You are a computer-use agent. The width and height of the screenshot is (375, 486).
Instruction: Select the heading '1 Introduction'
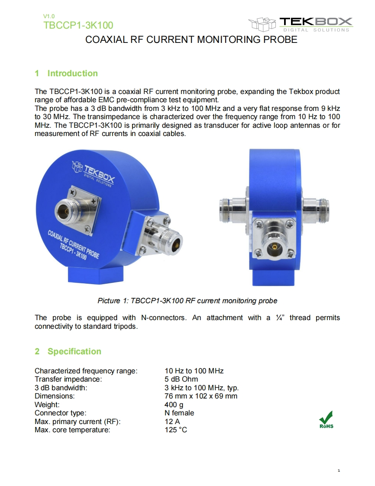(x=66, y=73)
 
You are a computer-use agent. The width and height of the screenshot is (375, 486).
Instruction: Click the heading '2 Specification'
(x=68, y=351)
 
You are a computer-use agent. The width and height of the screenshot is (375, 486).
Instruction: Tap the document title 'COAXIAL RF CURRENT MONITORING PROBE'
(x=191, y=40)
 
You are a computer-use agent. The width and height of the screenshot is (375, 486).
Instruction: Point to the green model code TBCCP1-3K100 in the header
(x=78, y=25)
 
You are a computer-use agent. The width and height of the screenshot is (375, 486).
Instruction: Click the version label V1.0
(x=49, y=16)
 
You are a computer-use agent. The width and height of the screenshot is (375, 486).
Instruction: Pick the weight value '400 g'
(x=174, y=405)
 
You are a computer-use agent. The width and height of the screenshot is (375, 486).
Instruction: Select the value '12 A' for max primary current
(x=172, y=421)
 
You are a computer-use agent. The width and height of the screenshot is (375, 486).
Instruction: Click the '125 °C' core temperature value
(x=176, y=430)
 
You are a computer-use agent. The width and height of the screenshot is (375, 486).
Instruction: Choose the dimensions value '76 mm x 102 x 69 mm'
(x=201, y=396)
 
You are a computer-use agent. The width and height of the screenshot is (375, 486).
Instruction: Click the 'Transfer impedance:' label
(x=68, y=379)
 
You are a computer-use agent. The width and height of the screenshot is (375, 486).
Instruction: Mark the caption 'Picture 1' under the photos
(x=187, y=300)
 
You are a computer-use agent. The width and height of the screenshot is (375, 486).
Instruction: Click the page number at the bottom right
(x=339, y=470)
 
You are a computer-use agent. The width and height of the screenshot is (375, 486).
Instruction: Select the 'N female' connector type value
(x=179, y=413)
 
